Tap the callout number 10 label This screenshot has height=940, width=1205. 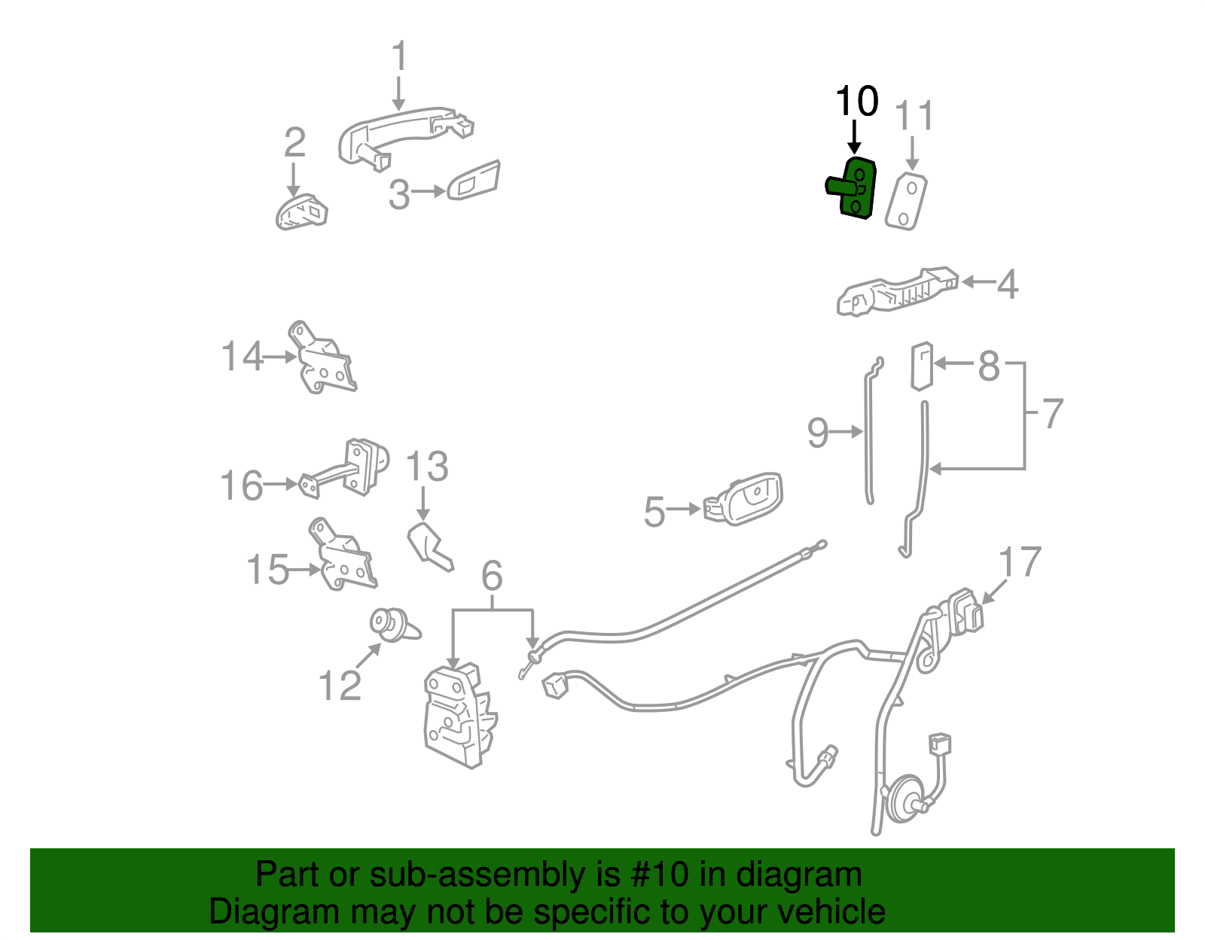pyautogui.click(x=856, y=102)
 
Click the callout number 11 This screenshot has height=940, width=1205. pyautogui.click(x=914, y=117)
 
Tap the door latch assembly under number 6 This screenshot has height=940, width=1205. pyautogui.click(x=459, y=715)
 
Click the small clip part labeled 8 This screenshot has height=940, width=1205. pyautogui.click(x=922, y=367)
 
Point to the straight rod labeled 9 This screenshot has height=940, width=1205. pyautogui.click(x=867, y=433)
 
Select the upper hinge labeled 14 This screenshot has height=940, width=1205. pyautogui.click(x=324, y=360)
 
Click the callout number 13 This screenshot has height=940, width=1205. pyautogui.click(x=427, y=467)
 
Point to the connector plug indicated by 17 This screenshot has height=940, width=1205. pyautogui.click(x=965, y=612)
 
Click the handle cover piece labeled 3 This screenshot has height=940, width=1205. pyautogui.click(x=474, y=181)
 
